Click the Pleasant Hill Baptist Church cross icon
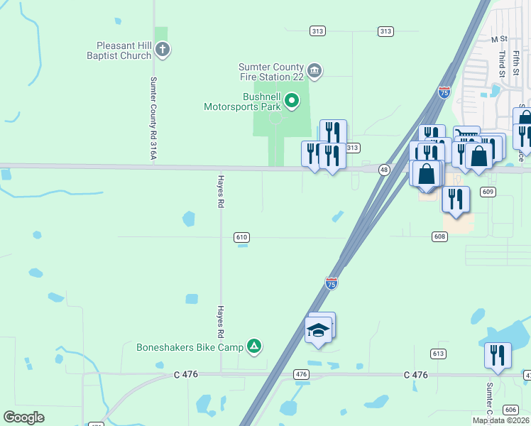pyautogui.click(x=163, y=50)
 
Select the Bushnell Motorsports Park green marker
pyautogui.click(x=292, y=102)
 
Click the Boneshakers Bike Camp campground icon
pyautogui.click(x=255, y=346)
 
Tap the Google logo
pyautogui.click(x=24, y=417)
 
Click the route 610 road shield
pyautogui.click(x=241, y=237)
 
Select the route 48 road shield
pyautogui.click(x=384, y=170)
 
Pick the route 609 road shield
pyautogui.click(x=488, y=192)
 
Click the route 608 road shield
pyautogui.click(x=439, y=236)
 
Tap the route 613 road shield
pyautogui.click(x=438, y=353)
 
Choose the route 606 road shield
pyautogui.click(x=510, y=410)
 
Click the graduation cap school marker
pyautogui.click(x=318, y=329)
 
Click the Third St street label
pyautogui.click(x=501, y=63)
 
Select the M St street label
pyautogui.click(x=500, y=39)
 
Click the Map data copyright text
pyautogui.click(x=501, y=420)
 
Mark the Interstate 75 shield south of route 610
pyautogui.click(x=332, y=283)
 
